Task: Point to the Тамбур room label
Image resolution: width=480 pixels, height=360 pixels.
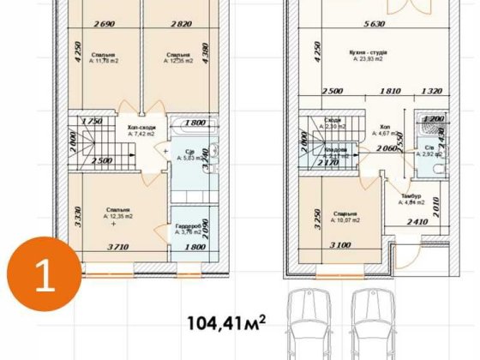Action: click(410, 197)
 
